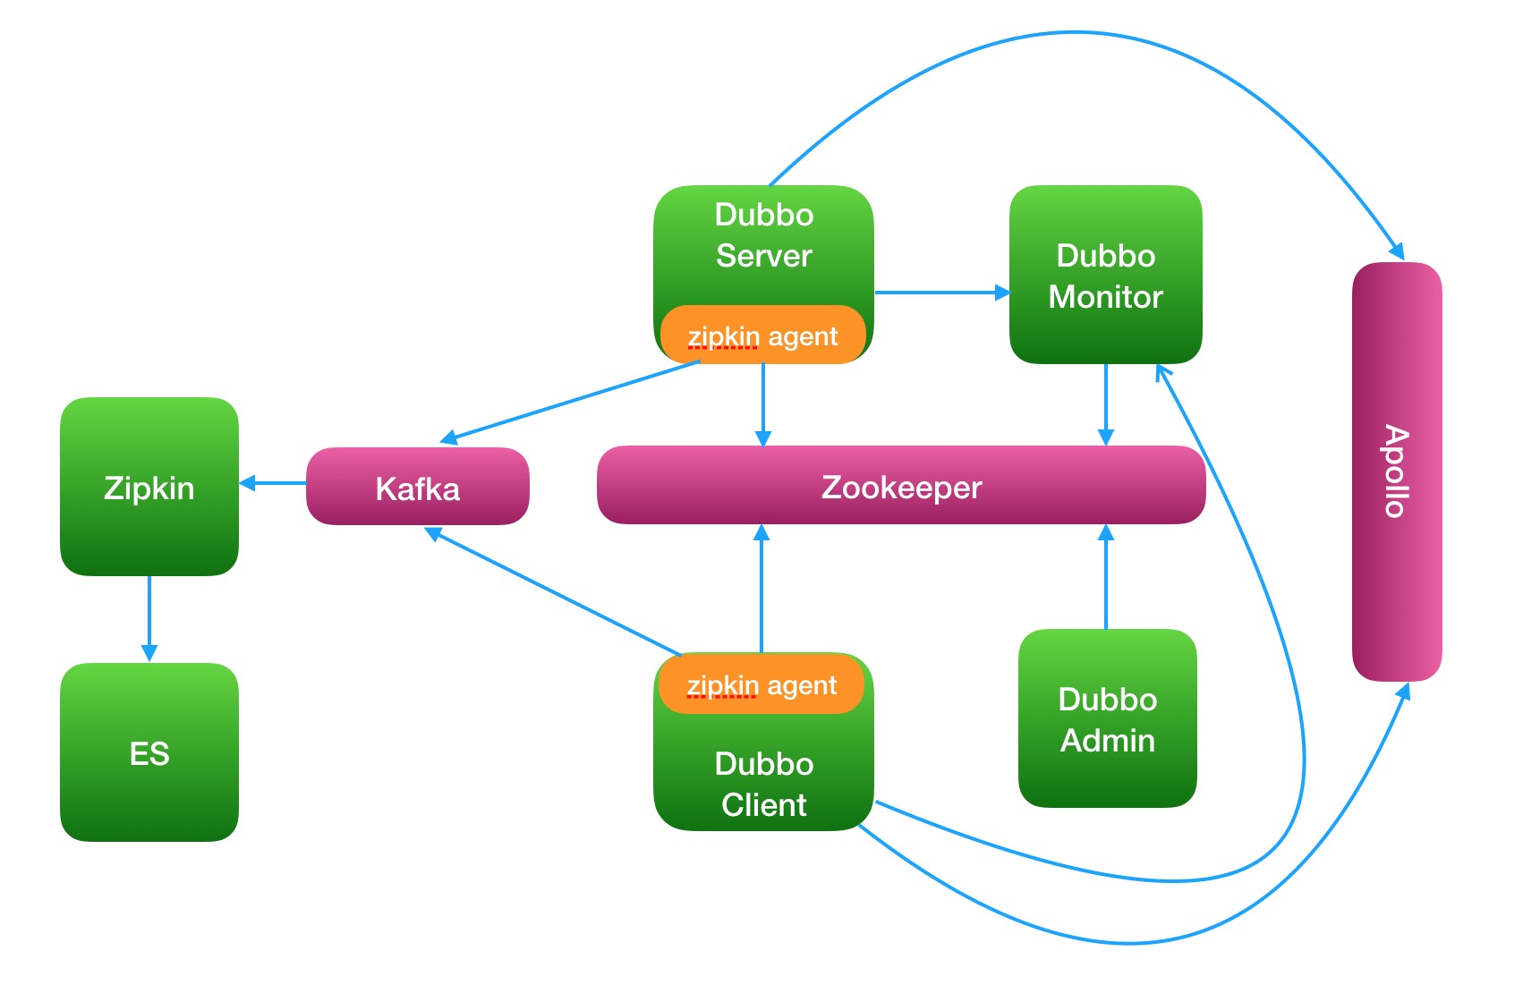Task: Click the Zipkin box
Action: [x=149, y=487]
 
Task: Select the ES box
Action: [x=149, y=752]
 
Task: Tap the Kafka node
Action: [x=418, y=488]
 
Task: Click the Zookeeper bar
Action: [x=901, y=486]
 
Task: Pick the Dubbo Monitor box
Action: [x=1105, y=275]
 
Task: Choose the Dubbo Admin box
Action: [x=1107, y=718]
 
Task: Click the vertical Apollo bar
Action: [x=1396, y=471]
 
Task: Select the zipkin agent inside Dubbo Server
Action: [x=762, y=336]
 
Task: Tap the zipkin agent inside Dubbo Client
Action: [x=761, y=685]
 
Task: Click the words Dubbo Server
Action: [x=763, y=235]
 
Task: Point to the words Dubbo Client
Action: [x=763, y=784]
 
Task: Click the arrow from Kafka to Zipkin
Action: [x=273, y=483]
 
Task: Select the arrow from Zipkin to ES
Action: [x=149, y=618]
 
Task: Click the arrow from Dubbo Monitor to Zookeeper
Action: [x=1106, y=404]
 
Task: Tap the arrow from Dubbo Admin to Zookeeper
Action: [x=1106, y=577]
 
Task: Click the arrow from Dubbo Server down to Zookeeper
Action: [x=763, y=404]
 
